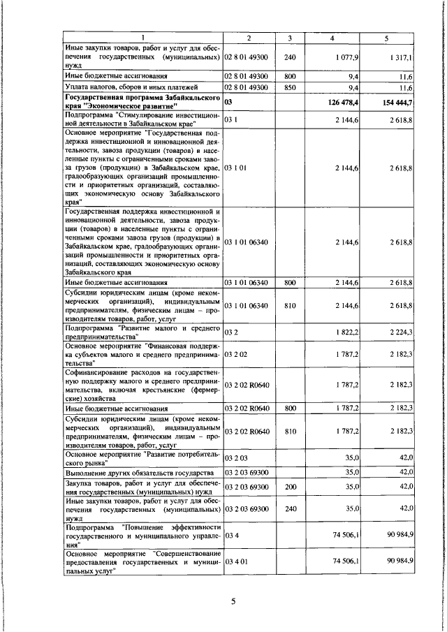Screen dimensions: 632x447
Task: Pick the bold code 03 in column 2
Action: click(228, 102)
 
